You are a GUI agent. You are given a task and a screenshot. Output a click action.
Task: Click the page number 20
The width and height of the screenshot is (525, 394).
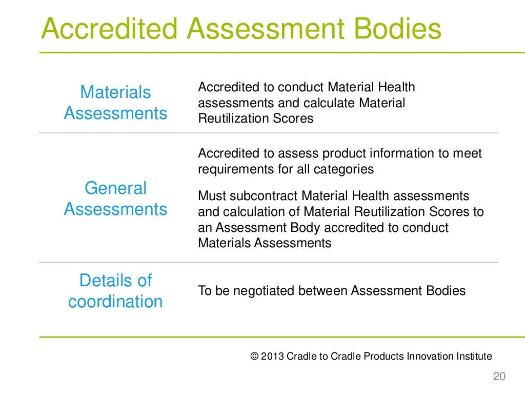499,377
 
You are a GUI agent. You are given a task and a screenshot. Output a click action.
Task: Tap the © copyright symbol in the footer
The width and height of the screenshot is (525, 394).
254,356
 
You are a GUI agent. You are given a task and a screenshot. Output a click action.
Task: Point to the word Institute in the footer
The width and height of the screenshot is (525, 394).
472,356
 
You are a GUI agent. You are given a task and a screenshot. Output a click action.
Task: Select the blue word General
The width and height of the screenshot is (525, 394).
115,188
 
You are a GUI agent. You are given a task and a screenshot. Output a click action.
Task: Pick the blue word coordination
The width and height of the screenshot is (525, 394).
115,302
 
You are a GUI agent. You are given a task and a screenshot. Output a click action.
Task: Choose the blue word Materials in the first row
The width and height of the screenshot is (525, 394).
115,92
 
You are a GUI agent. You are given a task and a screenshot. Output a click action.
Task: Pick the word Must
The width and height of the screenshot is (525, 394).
212,195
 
